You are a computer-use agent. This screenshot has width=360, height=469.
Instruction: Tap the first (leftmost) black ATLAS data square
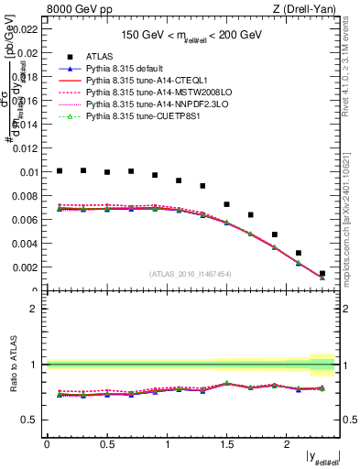pyautogui.click(x=59, y=170)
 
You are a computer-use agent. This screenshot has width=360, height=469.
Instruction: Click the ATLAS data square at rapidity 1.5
pyautogui.click(x=226, y=204)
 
